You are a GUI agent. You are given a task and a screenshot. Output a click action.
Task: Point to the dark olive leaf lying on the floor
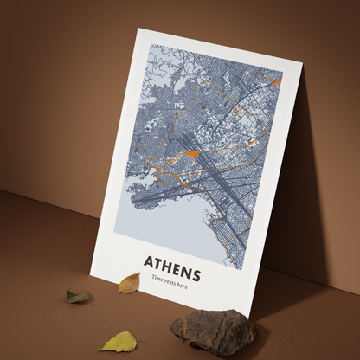pos(80,296)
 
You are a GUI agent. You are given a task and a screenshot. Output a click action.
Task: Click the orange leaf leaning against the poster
pos(129,282)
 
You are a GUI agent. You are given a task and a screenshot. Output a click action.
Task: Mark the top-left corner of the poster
pos(138,29)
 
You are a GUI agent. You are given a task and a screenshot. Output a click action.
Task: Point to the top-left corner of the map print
pos(148,45)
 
